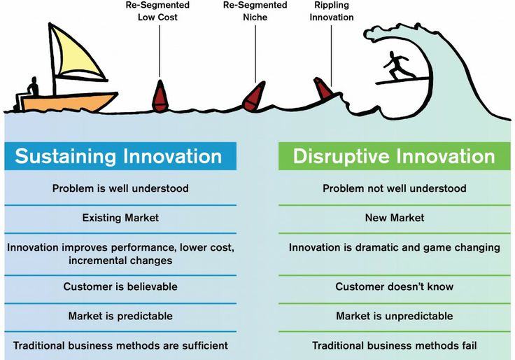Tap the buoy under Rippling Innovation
pos(323,89)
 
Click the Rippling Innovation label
pos(332,12)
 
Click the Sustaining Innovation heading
pos(118,155)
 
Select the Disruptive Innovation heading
pos(394,155)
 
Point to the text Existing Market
pos(120,218)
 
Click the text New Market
pos(394,218)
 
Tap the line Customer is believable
pos(120,286)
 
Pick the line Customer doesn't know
pos(394,286)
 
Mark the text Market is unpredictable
pos(394,316)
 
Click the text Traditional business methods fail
pos(394,345)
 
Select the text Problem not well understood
pos(394,188)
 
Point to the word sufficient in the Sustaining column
pos(203,345)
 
